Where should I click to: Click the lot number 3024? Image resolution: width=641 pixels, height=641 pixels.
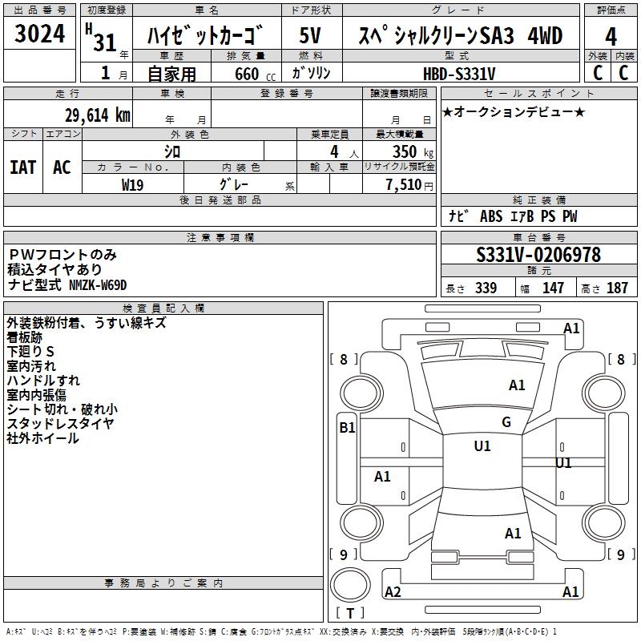pyautogui.click(x=40, y=36)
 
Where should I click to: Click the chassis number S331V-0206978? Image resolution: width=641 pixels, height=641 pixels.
pyautogui.click(x=538, y=255)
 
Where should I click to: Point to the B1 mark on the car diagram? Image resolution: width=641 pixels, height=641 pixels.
pyautogui.click(x=347, y=428)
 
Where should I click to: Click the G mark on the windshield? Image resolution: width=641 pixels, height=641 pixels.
pyautogui.click(x=506, y=422)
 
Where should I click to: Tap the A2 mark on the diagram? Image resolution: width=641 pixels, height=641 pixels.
pyautogui.click(x=393, y=592)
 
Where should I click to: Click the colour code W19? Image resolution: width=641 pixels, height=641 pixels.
pyautogui.click(x=133, y=183)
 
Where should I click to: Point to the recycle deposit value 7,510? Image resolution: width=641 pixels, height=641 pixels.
pyautogui.click(x=404, y=184)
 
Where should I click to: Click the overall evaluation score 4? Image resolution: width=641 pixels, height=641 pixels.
pyautogui.click(x=611, y=36)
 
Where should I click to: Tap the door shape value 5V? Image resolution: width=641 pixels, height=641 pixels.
pyautogui.click(x=311, y=36)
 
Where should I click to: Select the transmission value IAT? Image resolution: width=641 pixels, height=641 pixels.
pyautogui.click(x=22, y=167)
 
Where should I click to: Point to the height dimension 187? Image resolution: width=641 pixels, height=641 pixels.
pyautogui.click(x=617, y=288)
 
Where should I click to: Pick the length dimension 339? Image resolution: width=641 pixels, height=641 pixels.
pyautogui.click(x=486, y=288)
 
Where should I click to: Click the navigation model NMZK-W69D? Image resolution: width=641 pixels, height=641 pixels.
pyautogui.click(x=98, y=284)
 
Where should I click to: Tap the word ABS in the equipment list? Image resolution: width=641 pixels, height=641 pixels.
pyautogui.click(x=490, y=216)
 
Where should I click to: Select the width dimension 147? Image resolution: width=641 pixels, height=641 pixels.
pyautogui.click(x=553, y=288)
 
